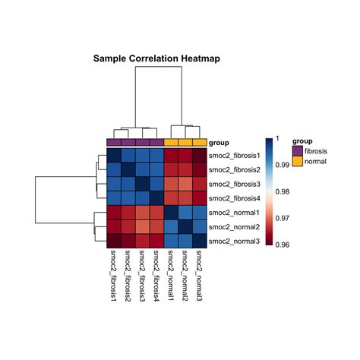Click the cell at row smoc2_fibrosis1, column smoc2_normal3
(x=200, y=155)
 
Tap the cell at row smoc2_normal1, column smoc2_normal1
(x=171, y=212)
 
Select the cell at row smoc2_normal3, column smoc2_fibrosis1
(x=114, y=241)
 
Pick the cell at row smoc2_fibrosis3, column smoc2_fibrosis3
(x=143, y=184)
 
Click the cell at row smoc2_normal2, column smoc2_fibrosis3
(x=143, y=226)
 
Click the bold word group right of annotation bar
(x=219, y=142)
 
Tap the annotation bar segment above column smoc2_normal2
(x=185, y=142)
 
